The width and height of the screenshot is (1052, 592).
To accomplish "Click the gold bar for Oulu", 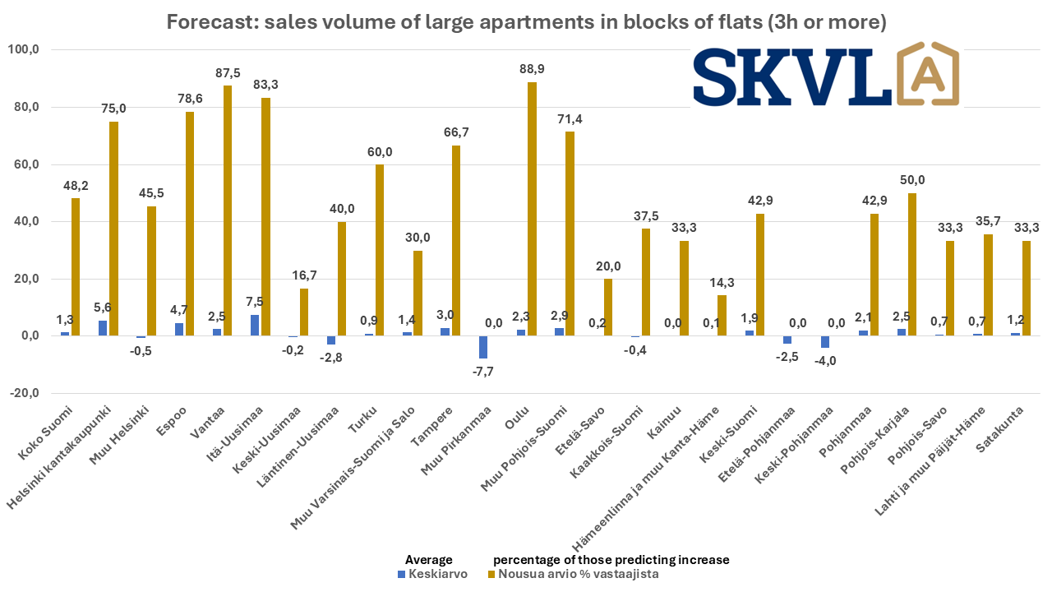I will (533, 209).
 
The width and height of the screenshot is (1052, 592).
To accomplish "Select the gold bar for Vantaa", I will (228, 210).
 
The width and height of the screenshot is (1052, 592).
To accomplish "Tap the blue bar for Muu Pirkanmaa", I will (482, 347).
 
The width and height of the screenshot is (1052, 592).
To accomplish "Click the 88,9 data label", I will (533, 69).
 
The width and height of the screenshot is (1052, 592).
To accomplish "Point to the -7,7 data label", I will (482, 371).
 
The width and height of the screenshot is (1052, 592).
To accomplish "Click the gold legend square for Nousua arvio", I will (492, 574).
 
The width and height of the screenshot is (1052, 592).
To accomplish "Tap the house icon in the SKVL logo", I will (925, 73).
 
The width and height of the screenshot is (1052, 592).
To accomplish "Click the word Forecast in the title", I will (205, 22).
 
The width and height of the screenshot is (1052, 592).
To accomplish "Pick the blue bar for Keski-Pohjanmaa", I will (825, 342).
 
